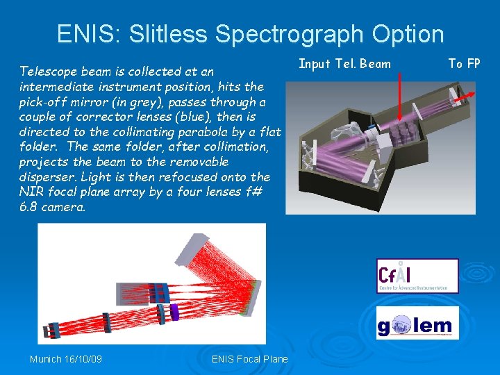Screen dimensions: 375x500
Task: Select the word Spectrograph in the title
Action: point(292,33)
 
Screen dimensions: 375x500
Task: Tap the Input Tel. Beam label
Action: point(344,64)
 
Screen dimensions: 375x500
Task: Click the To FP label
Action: point(465,64)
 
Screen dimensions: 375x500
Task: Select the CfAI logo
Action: point(417,276)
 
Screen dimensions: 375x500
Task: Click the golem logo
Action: point(417,324)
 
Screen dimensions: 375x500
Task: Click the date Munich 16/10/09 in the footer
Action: point(65,359)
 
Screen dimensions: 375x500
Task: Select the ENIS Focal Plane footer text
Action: point(249,359)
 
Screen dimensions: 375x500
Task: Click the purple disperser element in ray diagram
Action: point(174,314)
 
